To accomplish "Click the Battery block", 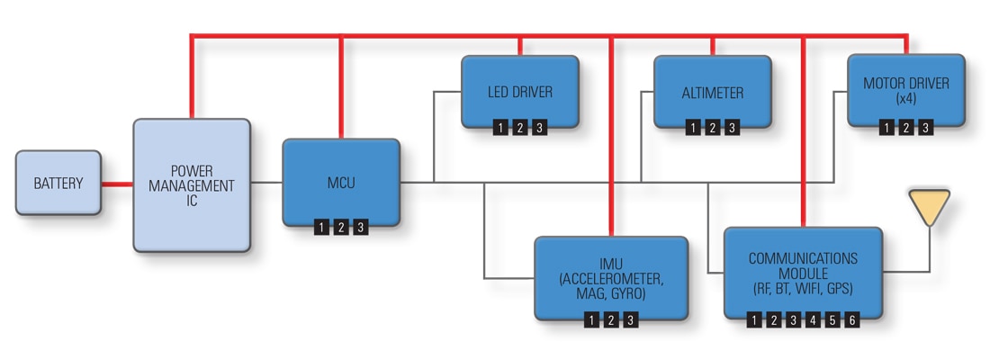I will [x=58, y=183].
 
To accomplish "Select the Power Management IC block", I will [x=192, y=185].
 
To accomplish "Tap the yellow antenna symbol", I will [x=930, y=207].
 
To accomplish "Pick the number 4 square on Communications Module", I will [x=813, y=319].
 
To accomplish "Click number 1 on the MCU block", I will [x=321, y=228].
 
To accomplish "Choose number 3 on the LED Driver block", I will [x=538, y=128].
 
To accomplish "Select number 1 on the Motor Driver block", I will [x=886, y=128].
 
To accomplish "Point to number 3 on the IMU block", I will [x=631, y=319].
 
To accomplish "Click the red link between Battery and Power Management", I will [x=117, y=184].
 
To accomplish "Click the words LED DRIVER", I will [x=519, y=92].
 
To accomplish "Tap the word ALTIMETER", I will [x=713, y=93].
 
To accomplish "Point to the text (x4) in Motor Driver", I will [x=906, y=99].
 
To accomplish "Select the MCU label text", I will [x=341, y=183].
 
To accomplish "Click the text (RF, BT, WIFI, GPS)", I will [x=803, y=289].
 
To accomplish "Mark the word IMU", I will [x=611, y=262].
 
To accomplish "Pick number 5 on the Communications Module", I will [x=832, y=319].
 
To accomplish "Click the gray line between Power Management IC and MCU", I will [x=266, y=183].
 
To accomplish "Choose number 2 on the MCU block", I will [x=341, y=228].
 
